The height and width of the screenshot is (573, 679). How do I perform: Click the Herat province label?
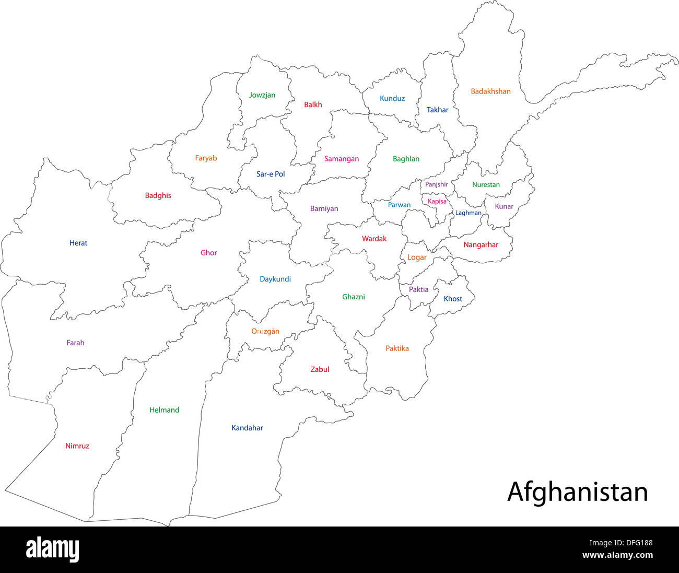(78, 243)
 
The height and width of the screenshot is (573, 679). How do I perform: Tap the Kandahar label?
(247, 428)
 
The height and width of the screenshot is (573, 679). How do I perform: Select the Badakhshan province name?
(490, 91)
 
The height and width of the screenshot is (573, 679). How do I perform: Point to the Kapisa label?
(437, 202)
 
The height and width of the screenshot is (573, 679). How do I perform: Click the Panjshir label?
(436, 184)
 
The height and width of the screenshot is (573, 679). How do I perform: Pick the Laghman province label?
(468, 213)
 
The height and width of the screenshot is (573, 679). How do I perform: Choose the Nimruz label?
(77, 446)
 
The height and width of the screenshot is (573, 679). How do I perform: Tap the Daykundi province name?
(275, 279)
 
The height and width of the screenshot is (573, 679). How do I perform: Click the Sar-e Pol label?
(271, 174)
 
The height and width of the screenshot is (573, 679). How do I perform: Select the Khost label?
(453, 299)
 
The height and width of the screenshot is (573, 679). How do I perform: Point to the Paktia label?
(418, 289)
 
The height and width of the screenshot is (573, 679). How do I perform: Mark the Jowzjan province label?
(262, 95)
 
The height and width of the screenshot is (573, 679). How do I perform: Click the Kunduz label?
(392, 98)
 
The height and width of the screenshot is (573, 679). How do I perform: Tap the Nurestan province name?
(486, 184)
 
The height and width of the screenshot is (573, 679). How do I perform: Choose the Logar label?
(417, 258)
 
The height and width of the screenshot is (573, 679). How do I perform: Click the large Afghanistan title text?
(577, 492)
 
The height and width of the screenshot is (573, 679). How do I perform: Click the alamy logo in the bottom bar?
(52, 549)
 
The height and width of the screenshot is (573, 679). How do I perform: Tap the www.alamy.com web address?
(617, 556)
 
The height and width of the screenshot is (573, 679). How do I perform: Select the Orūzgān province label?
(265, 331)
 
